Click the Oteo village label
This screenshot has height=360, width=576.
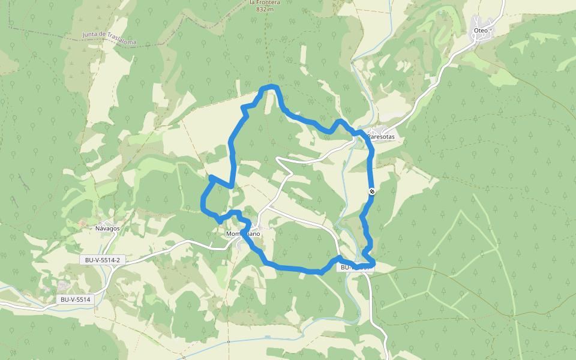(481, 30)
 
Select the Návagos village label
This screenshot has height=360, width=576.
(107, 228)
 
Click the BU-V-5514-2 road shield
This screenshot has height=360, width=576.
(103, 260)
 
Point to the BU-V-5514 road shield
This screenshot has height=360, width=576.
(75, 299)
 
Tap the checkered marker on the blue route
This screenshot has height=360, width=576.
(372, 191)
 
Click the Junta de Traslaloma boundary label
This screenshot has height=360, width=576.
(109, 38)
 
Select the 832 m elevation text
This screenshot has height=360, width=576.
(264, 10)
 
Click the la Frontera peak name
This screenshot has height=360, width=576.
(265, 2)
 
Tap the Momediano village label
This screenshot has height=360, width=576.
(243, 233)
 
